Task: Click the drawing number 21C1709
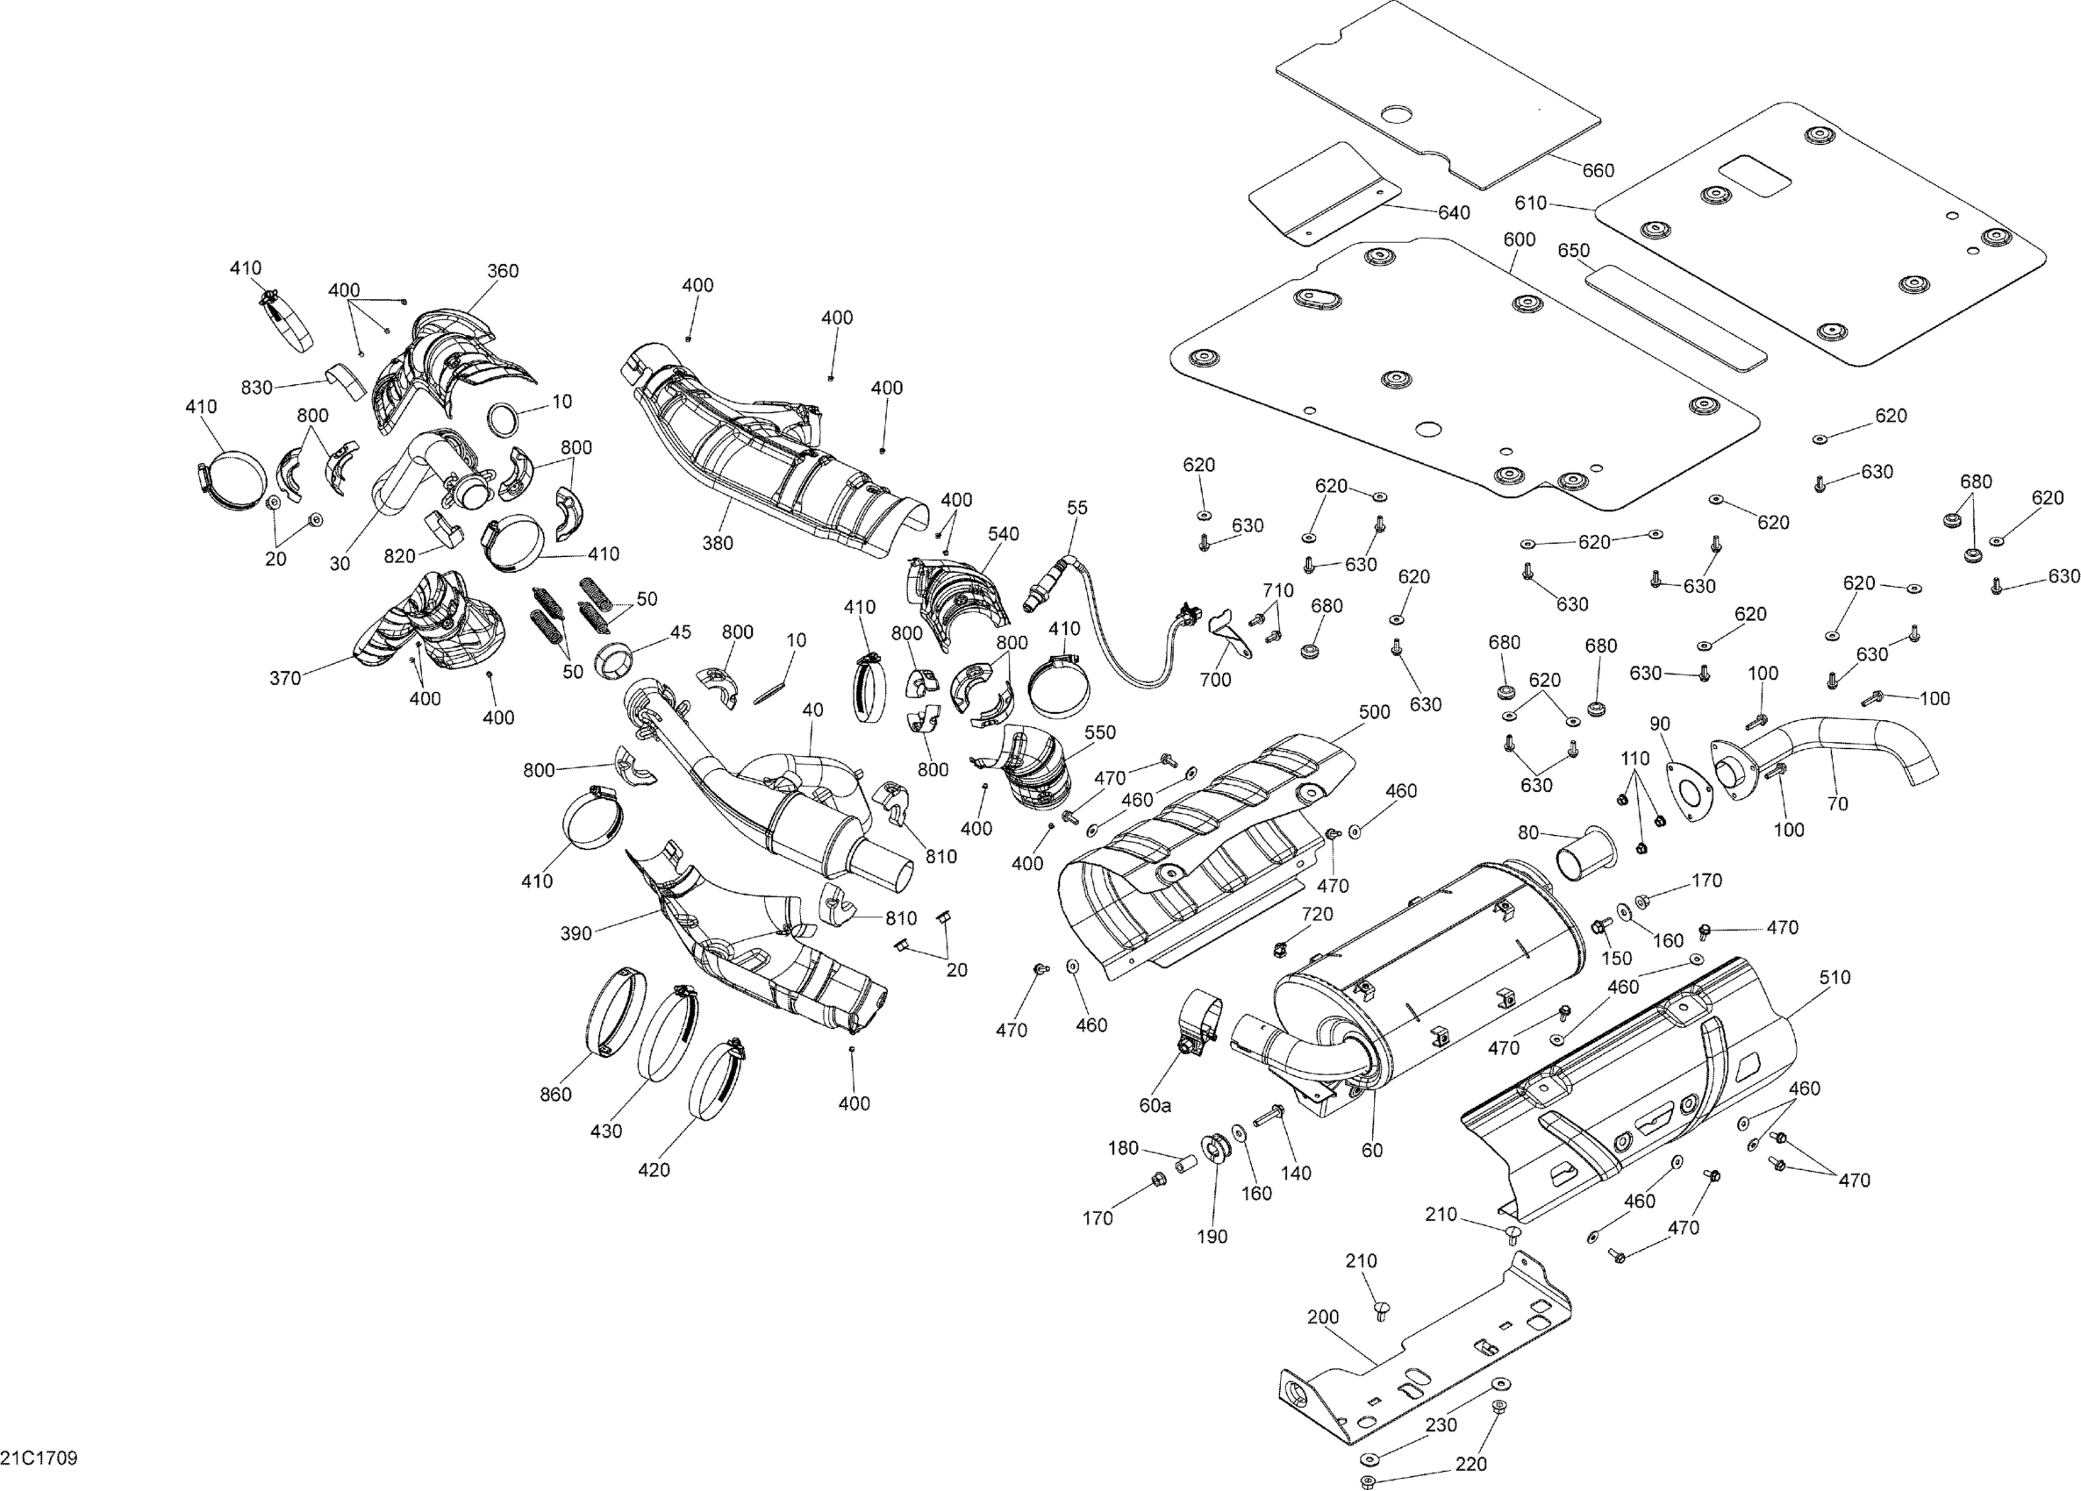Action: tap(39, 1458)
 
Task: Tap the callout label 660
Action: tap(1598, 171)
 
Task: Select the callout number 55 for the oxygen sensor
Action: tap(1077, 509)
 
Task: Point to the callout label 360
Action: tap(502, 271)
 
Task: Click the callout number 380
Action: tap(718, 543)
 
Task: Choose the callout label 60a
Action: tap(1155, 1106)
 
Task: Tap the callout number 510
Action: tap(1834, 977)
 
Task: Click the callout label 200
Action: tap(1322, 1316)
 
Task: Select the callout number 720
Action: tap(1317, 914)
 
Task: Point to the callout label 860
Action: tap(555, 1094)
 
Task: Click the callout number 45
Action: tap(680, 632)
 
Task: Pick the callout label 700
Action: tap(1215, 680)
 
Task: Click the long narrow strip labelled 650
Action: tap(1676, 317)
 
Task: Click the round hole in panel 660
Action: tap(1398, 116)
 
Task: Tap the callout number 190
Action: tap(1212, 1237)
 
